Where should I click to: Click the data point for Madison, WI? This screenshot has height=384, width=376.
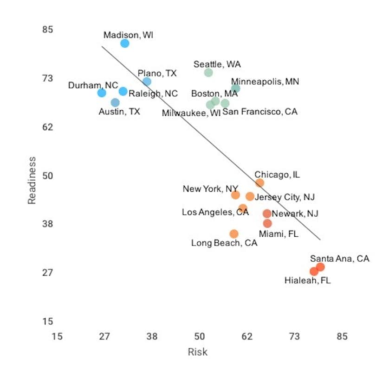[x=124, y=44]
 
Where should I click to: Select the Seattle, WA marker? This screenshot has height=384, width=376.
[x=208, y=72]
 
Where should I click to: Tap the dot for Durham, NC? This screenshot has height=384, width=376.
[x=102, y=93]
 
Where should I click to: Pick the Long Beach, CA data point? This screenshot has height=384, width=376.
[x=234, y=234]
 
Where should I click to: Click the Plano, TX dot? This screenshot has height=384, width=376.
[x=147, y=82]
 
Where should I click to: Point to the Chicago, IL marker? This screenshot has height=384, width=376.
[x=259, y=183]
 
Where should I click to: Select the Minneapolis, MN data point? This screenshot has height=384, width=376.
[x=235, y=88]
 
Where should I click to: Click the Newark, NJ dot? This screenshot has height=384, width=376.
[x=267, y=214]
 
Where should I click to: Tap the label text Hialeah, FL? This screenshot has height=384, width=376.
[x=307, y=280]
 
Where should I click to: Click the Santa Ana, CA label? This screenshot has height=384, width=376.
[x=339, y=258]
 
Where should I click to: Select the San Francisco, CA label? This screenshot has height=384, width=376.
[x=259, y=112]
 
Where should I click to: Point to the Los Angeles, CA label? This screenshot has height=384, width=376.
[x=215, y=212]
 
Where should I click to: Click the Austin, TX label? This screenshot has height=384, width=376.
[x=119, y=112]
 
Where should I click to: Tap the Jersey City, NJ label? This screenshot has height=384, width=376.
[x=285, y=197]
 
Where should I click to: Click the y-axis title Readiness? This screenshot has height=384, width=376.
[x=32, y=180]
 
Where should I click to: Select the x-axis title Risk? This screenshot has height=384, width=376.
[x=197, y=352]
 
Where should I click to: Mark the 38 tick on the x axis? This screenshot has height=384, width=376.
[x=152, y=337]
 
